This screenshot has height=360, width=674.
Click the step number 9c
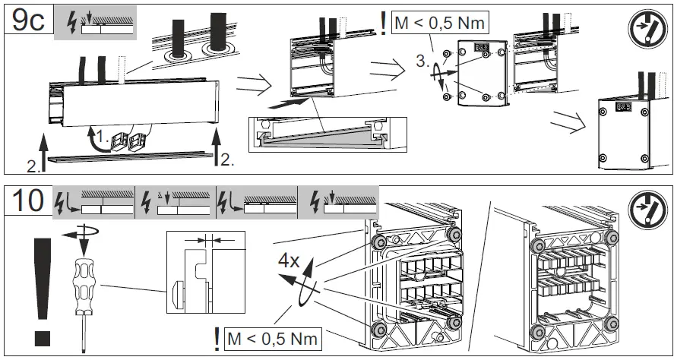28,20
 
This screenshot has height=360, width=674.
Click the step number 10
28,201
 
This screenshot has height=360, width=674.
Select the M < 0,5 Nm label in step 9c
440,24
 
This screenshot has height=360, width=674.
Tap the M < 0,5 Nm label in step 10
271,336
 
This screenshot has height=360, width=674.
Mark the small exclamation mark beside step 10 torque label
218,336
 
